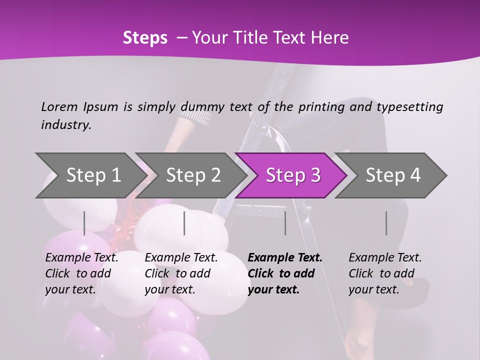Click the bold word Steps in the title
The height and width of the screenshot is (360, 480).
point(145,38)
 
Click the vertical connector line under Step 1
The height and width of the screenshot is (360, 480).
point(84,223)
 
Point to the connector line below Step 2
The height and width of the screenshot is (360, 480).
point(184,223)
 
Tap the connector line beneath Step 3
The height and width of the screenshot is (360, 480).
point(285,223)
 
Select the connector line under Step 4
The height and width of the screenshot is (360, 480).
point(386,223)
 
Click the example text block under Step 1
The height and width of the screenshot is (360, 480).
point(81,273)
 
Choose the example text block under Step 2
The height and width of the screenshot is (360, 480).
point(181,273)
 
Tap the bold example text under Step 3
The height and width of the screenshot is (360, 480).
point(285,273)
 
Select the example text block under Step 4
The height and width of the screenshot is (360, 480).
point(385,273)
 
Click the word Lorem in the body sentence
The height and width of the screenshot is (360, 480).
point(59,106)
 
